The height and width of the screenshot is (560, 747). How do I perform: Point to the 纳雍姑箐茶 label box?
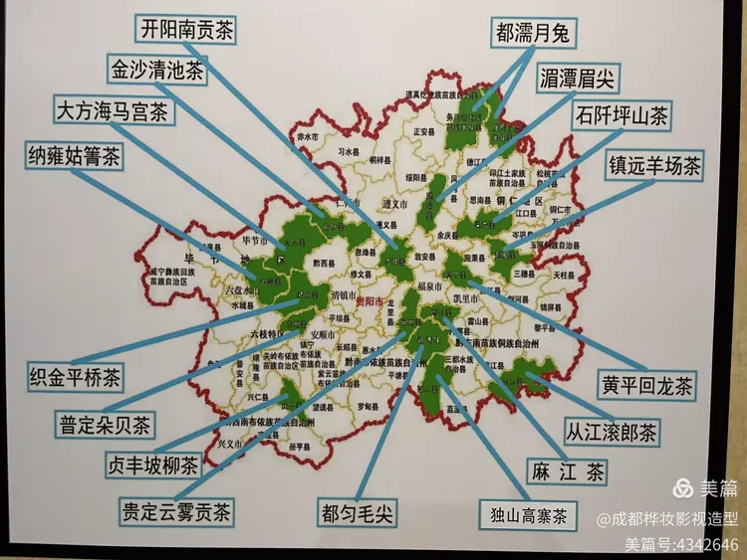75,157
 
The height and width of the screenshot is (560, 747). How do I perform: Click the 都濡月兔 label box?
532,34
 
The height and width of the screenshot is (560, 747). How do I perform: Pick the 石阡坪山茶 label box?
621,116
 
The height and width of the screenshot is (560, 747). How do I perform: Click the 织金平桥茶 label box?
76,377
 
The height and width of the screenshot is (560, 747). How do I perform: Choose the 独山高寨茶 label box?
528,516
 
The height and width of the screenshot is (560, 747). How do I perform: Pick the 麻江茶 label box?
568,471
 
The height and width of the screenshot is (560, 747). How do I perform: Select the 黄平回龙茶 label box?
646,384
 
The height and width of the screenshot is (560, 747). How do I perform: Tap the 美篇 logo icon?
683,488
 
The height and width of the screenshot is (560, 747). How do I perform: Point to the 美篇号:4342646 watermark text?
680,544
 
